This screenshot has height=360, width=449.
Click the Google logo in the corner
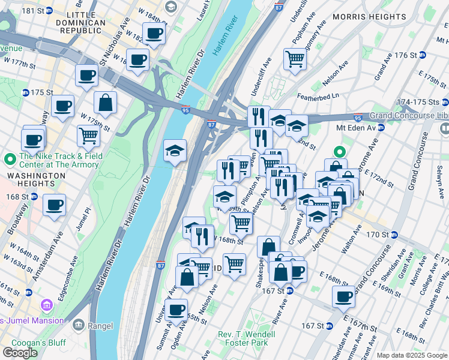click(x=20, y=353)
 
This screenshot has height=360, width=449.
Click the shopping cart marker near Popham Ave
click(x=295, y=59)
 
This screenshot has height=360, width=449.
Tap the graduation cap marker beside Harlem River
click(x=175, y=151)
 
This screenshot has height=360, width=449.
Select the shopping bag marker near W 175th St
click(x=106, y=102)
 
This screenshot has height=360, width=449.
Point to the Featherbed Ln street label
click(x=318, y=95)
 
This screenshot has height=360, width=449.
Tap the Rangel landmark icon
click(x=79, y=325)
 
